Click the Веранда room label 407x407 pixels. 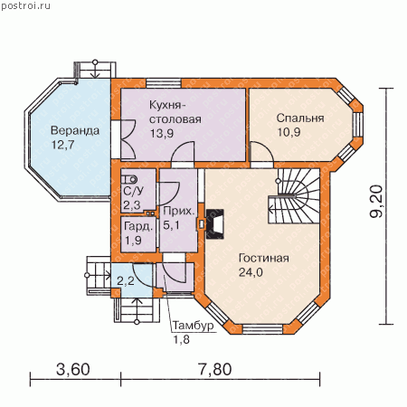click(x=75, y=131)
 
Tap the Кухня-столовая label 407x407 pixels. click(x=175, y=112)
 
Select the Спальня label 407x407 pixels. click(x=300, y=118)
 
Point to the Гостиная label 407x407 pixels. click(x=264, y=259)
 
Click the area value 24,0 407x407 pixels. click(x=251, y=272)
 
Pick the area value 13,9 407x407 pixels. click(x=162, y=133)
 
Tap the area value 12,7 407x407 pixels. click(x=62, y=145)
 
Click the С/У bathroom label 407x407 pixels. click(x=134, y=191)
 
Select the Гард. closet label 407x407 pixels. click(x=138, y=226)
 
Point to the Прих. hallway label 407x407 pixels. click(x=179, y=211)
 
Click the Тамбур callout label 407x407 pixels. click(x=193, y=326)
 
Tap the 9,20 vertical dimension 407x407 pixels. click(x=376, y=202)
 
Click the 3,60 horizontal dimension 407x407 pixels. click(x=73, y=370)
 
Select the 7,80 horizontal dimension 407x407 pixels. click(x=215, y=370)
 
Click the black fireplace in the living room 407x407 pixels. click(x=215, y=224)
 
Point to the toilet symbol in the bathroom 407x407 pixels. click(x=129, y=180)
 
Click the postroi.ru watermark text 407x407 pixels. click(x=25, y=6)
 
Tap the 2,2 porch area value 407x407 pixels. click(x=126, y=281)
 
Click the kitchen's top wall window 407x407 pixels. click(x=164, y=83)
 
